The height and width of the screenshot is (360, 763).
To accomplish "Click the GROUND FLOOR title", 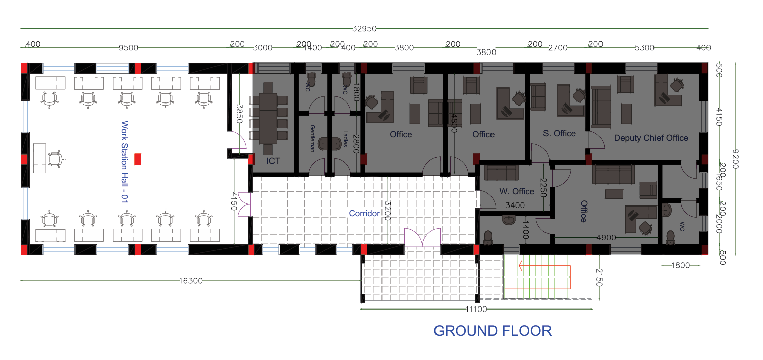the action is tap(493, 331).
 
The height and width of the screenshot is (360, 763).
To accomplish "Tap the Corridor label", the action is tap(364, 214).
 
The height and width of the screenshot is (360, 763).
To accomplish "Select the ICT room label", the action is tap(273, 161).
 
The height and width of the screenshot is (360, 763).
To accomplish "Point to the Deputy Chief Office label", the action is tap(651, 138).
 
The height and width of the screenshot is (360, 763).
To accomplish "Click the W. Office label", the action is tap(517, 191).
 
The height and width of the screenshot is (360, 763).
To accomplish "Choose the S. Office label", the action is tap(559, 134).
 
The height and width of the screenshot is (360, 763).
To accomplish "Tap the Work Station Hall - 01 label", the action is tap(125, 162).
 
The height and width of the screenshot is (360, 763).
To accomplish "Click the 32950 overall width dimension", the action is tap(364, 29).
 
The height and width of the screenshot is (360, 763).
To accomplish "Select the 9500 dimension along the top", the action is tap(128, 48).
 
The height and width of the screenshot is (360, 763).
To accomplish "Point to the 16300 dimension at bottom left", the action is tap(191, 281).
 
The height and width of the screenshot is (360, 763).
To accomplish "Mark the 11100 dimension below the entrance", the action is tap(476, 309).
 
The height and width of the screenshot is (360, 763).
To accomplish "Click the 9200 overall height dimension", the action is tap(735, 159).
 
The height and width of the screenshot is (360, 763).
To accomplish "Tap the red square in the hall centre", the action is tap(138, 159).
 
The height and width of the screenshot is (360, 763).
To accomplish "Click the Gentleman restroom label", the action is tap(312, 138).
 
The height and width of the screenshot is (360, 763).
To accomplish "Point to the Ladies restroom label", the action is tap(345, 139).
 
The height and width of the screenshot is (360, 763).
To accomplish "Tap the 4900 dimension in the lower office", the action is tap(606, 238).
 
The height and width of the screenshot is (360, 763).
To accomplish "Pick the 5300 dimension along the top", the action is tap(644, 48).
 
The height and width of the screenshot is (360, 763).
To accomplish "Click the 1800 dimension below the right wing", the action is tap(680, 265).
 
